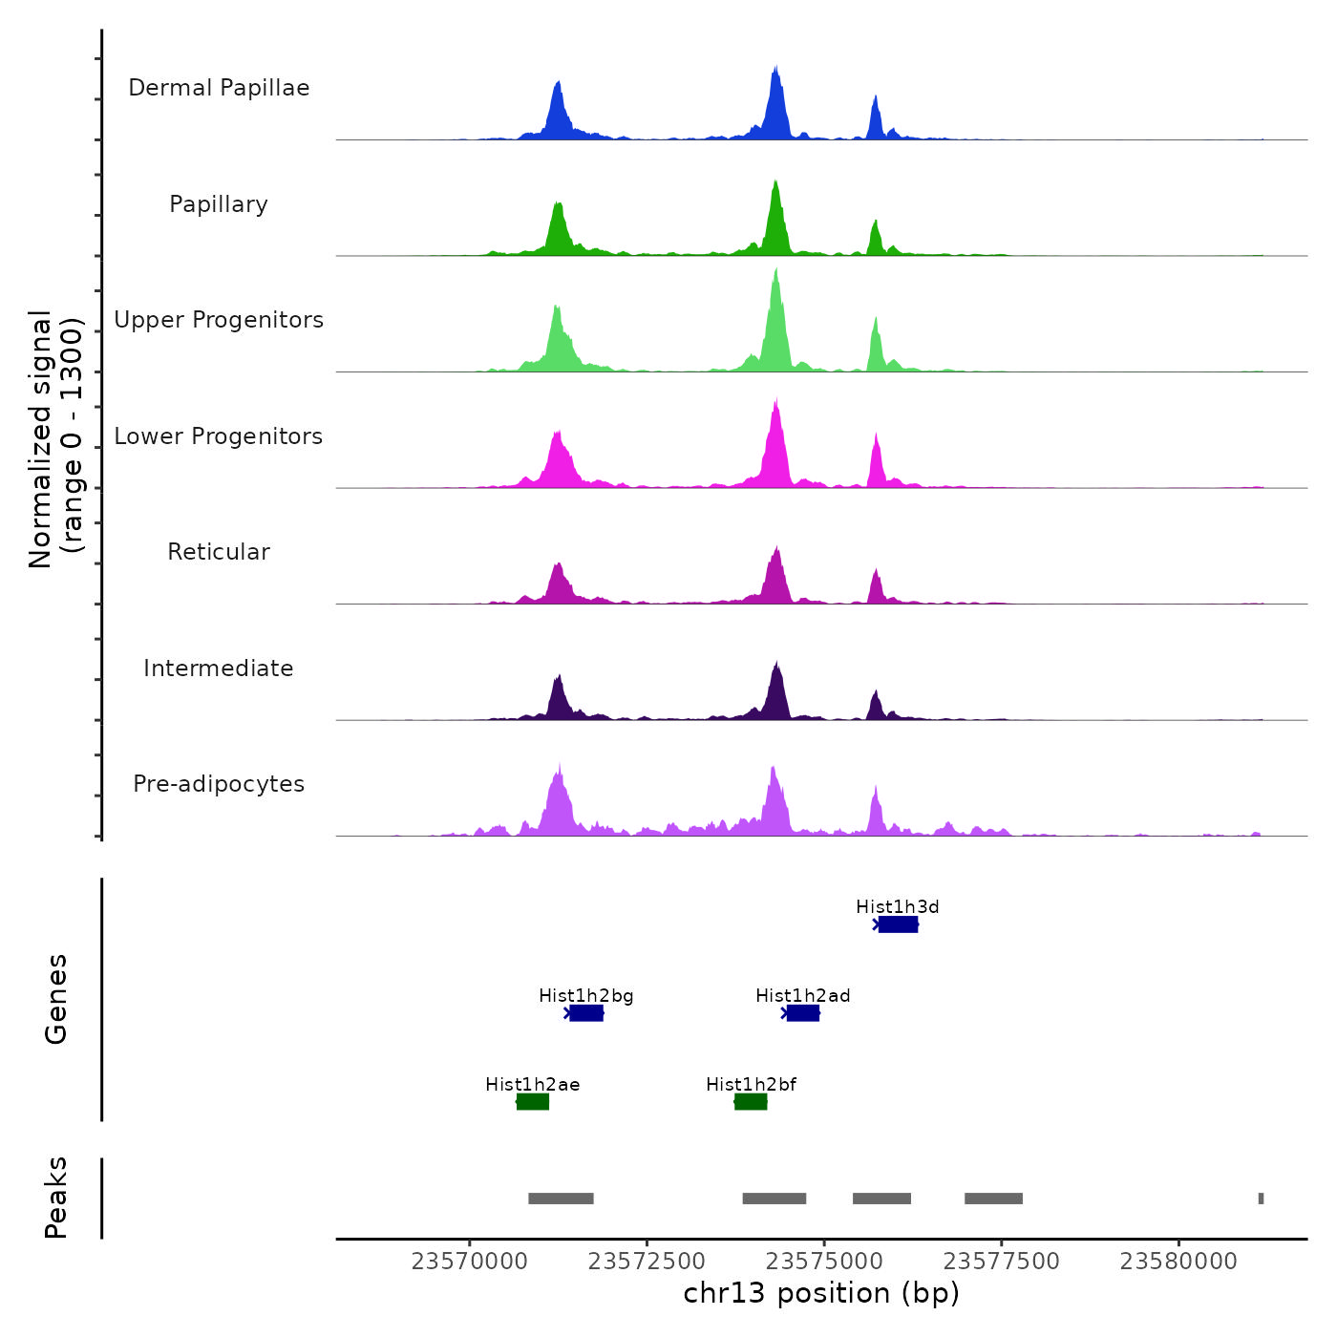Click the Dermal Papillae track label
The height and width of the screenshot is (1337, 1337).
(219, 88)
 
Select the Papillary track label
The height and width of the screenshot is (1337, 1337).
(219, 204)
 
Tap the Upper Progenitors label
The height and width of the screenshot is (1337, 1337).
(219, 320)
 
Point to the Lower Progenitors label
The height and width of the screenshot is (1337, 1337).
(219, 436)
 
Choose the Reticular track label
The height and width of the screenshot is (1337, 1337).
(219, 552)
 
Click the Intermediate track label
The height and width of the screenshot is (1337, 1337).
(219, 668)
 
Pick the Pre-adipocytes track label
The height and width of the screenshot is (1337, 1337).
(219, 784)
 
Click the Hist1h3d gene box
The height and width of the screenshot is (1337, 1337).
(898, 924)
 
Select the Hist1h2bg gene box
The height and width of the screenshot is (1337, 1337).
(586, 1013)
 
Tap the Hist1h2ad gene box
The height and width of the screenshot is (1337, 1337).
(803, 1013)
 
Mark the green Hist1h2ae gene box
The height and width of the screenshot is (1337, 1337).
(533, 1102)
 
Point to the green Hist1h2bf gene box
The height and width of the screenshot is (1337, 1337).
(751, 1102)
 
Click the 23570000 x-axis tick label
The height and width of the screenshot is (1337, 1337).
(469, 1262)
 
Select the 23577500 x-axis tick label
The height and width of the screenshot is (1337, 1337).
(1001, 1262)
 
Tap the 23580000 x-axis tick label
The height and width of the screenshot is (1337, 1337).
(1178, 1262)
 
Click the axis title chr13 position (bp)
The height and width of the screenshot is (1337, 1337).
(821, 1294)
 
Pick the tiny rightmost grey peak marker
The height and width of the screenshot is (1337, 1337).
(1261, 1199)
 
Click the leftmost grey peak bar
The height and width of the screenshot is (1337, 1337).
(561, 1199)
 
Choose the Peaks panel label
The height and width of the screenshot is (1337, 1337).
(56, 1198)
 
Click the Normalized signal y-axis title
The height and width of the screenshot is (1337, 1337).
(55, 439)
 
